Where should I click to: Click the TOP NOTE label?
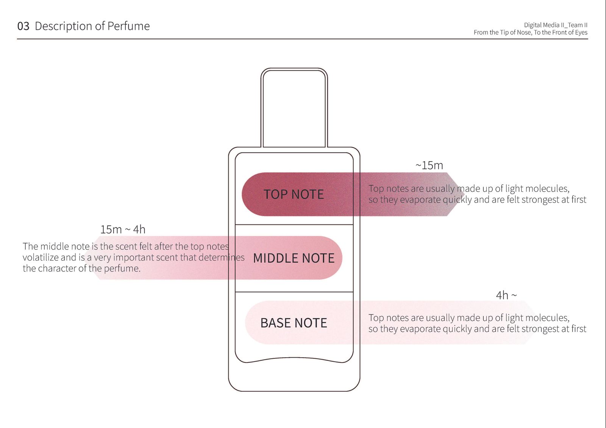tap(294, 194)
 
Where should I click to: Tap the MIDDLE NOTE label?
tap(294, 258)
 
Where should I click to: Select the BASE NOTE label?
tap(294, 323)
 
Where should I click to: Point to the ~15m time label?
tap(429, 165)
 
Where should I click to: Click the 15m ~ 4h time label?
tap(123, 229)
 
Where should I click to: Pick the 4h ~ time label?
tap(506, 295)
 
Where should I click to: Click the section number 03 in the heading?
tap(23, 26)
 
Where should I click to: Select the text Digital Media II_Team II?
tap(555, 25)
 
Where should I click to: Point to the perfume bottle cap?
tap(294, 108)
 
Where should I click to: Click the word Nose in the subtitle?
tap(523, 33)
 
